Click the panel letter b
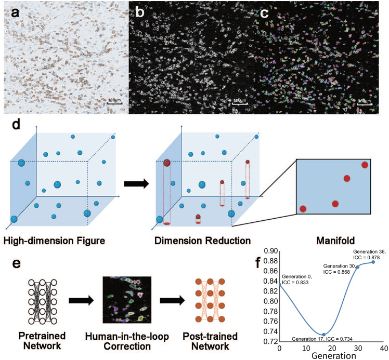(x=139, y=14)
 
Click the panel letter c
(x=265, y=14)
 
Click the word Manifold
(x=333, y=241)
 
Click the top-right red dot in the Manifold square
(x=365, y=165)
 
